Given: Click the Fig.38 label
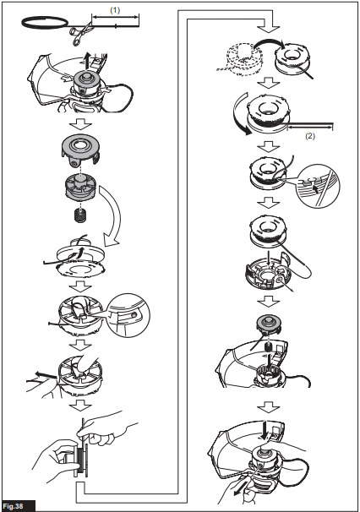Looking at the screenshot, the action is pyautogui.click(x=15, y=506).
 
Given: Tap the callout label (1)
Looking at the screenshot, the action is pyautogui.click(x=115, y=10).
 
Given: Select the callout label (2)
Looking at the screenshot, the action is pyautogui.click(x=310, y=136).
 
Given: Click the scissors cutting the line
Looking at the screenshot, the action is pyautogui.click(x=79, y=32).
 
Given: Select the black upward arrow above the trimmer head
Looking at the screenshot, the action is pyautogui.click(x=86, y=61).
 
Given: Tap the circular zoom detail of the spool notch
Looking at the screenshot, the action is pyautogui.click(x=318, y=185).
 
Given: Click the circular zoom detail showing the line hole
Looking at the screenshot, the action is pyautogui.click(x=128, y=315).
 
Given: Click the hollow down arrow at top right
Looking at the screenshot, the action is pyautogui.click(x=268, y=26).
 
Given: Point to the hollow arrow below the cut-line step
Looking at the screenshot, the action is pyautogui.click(x=81, y=124).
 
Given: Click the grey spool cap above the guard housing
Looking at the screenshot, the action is pyautogui.click(x=268, y=324).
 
